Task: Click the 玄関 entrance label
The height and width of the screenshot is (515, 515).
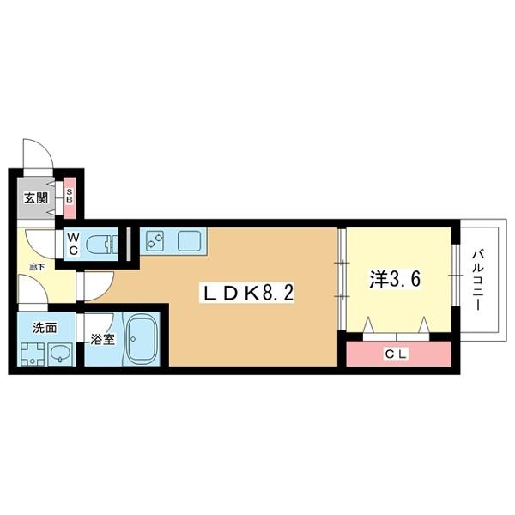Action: point(36,198)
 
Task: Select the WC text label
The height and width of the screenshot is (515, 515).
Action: point(73,244)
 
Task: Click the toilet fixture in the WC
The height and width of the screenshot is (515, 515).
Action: point(104,243)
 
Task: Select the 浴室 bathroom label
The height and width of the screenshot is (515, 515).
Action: point(103,339)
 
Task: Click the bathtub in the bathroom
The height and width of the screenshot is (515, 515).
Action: point(142,339)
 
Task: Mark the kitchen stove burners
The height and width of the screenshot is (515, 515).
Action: point(155,241)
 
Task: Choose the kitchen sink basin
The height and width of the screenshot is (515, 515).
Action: point(191,241)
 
